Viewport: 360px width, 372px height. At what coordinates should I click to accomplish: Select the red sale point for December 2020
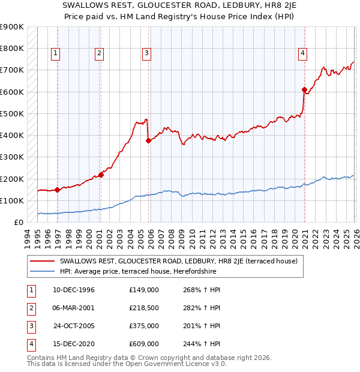(x=304, y=90)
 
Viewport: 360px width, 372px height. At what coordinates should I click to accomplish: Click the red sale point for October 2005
(x=148, y=141)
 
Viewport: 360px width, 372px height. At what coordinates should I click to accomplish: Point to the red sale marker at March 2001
(x=101, y=175)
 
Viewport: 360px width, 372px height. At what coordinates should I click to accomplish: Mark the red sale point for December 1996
(x=57, y=190)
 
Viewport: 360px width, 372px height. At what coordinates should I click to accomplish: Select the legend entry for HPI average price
(x=137, y=271)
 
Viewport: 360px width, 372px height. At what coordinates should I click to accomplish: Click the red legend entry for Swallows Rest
(x=174, y=261)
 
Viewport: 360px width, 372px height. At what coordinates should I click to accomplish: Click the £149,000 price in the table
(x=143, y=290)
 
